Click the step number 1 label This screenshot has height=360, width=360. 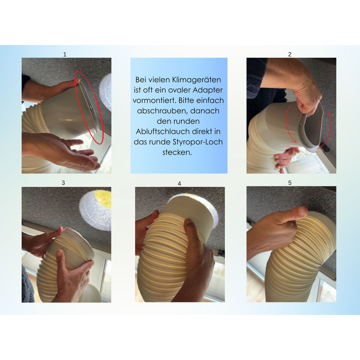[65, 54]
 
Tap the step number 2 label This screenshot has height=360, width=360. [290, 54]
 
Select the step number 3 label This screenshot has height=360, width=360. [63, 183]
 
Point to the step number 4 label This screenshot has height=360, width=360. [180, 184]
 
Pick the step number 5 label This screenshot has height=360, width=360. [290, 183]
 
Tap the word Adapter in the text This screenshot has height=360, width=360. [207, 90]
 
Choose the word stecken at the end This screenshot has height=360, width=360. [177, 152]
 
